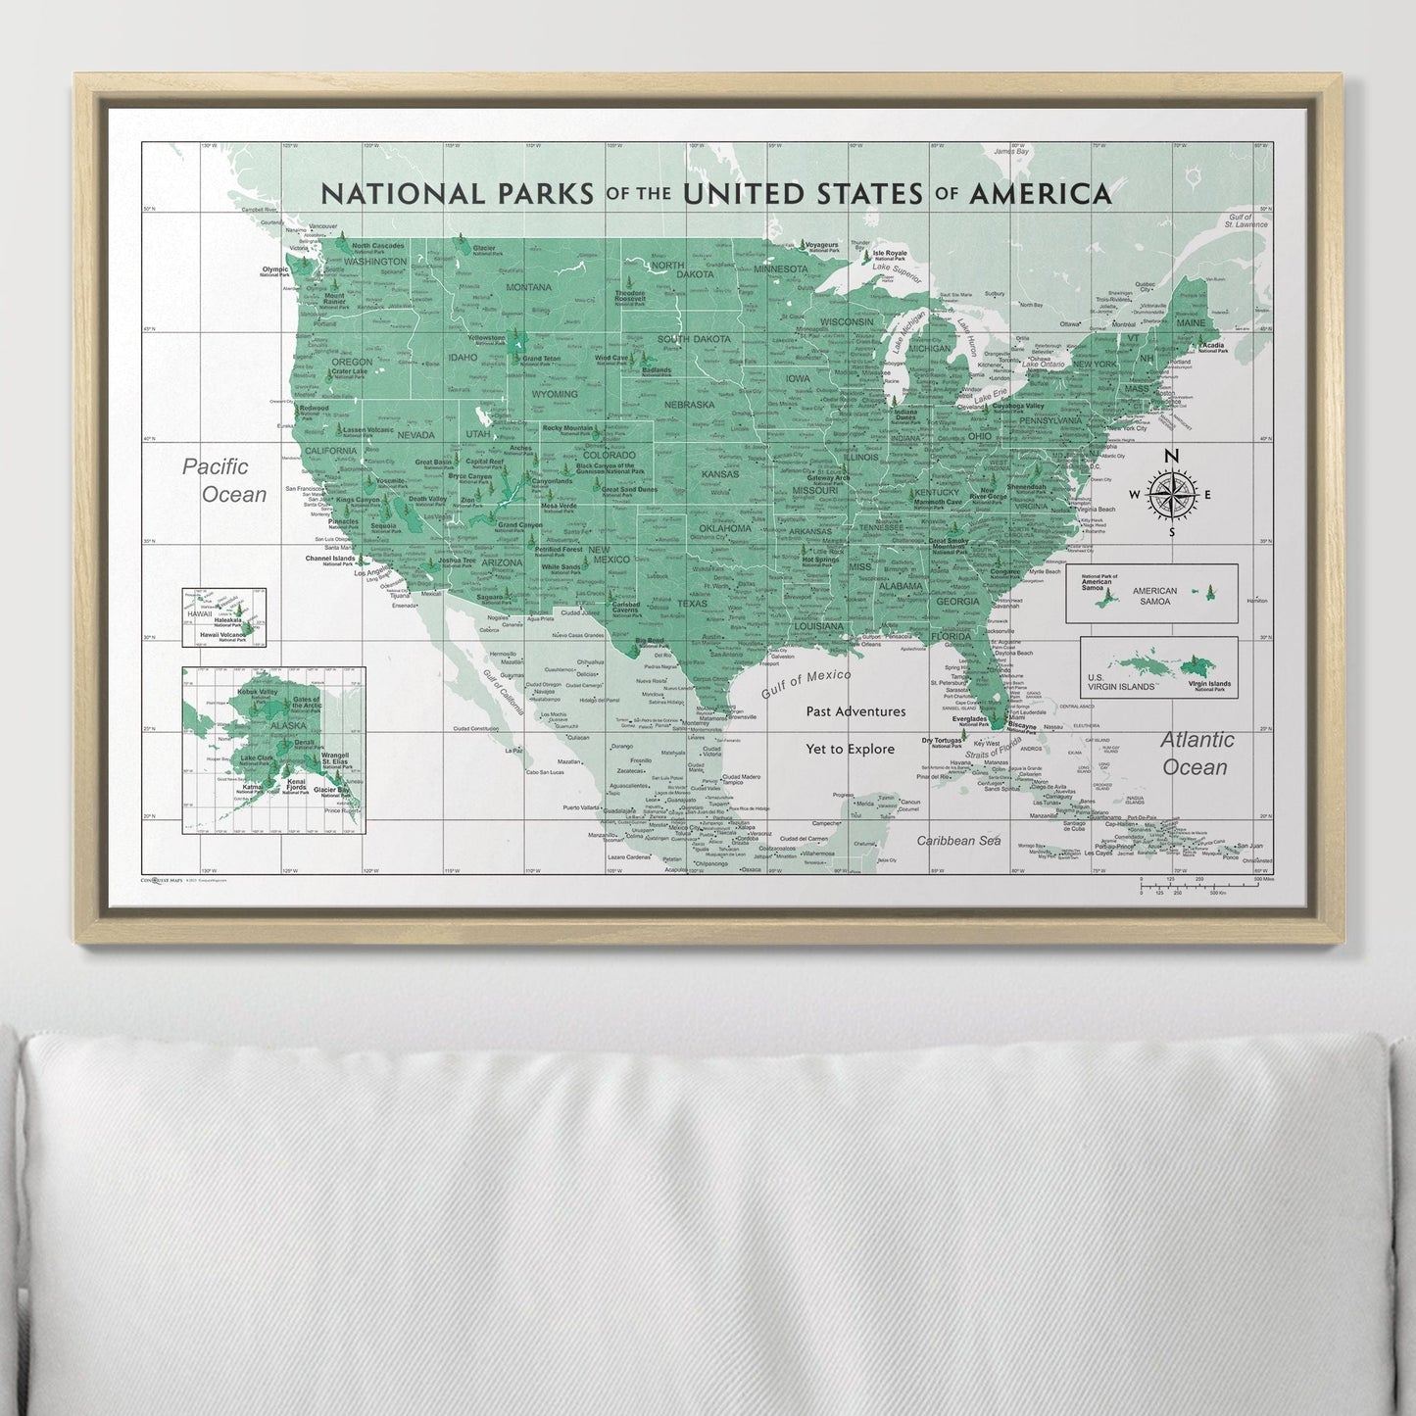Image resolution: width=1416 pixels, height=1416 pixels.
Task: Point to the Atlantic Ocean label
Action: [x=1196, y=753]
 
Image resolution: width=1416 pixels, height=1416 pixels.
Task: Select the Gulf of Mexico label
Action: [x=805, y=682]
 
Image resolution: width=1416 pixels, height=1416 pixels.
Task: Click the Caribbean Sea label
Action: [x=957, y=841]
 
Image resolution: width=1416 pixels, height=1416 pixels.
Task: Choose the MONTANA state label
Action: [x=529, y=287]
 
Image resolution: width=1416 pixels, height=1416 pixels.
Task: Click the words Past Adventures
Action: [x=855, y=711]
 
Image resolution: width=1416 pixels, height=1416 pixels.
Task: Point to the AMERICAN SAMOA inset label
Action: [x=1153, y=596]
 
